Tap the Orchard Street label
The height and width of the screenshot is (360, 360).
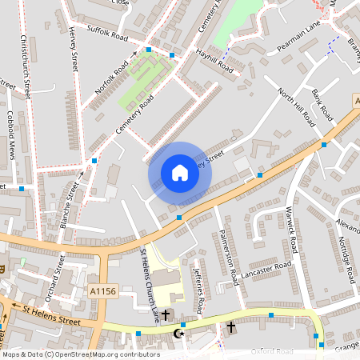[x=55, y=278]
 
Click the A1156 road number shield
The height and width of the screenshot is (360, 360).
[x=104, y=291]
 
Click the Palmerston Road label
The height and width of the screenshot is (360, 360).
[x=228, y=258]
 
